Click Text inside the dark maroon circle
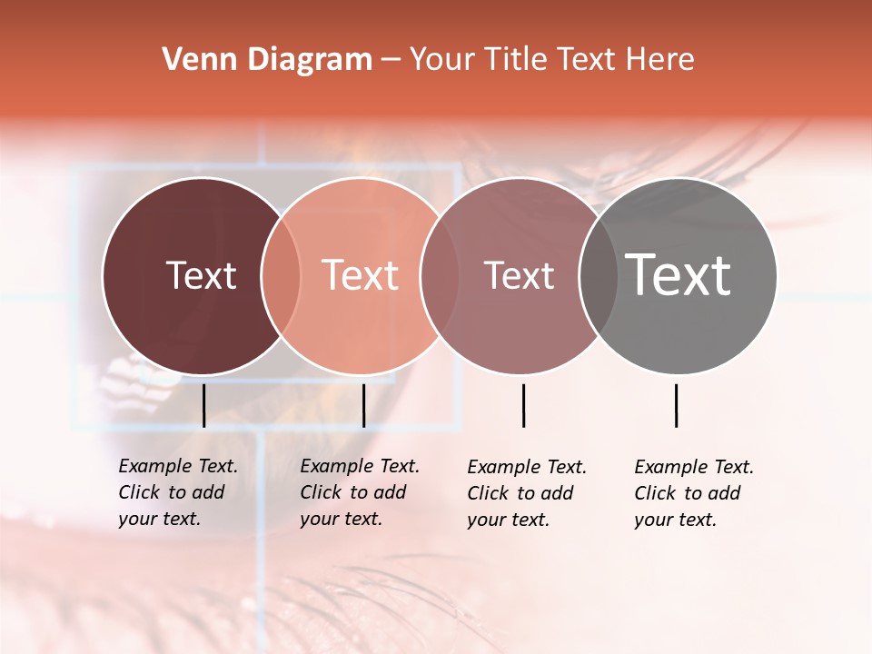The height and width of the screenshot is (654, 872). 201,275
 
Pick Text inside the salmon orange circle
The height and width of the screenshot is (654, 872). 361,275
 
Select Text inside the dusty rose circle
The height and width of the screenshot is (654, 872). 519,275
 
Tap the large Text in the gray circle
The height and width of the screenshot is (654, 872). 679,274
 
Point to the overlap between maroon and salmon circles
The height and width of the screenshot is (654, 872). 281,276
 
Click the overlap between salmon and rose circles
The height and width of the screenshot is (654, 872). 439,276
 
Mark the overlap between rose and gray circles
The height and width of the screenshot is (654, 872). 598,276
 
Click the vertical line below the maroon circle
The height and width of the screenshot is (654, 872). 203,405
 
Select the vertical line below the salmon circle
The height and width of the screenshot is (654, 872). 363,405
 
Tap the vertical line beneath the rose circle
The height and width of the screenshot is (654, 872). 523,405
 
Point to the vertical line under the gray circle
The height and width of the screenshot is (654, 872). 676,405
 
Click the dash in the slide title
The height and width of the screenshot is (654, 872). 391,60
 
